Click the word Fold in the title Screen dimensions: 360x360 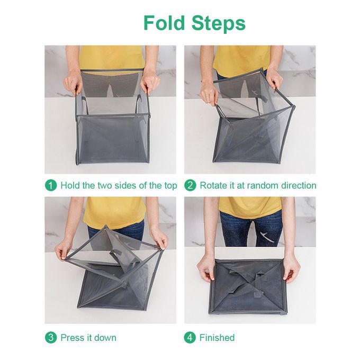(x=165, y=23)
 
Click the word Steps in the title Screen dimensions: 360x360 (x=219, y=23)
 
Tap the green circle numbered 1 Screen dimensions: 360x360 (x=51, y=185)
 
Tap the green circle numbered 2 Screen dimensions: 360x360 (x=190, y=185)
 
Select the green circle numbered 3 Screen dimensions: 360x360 (x=51, y=338)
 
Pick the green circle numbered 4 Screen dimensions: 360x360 (x=190, y=338)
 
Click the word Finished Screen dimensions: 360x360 (x=217, y=338)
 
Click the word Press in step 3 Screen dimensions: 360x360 (x=73, y=338)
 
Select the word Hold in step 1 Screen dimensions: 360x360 (x=70, y=185)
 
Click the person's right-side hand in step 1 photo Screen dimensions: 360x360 (x=150, y=81)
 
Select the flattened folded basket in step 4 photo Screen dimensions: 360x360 (x=248, y=287)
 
